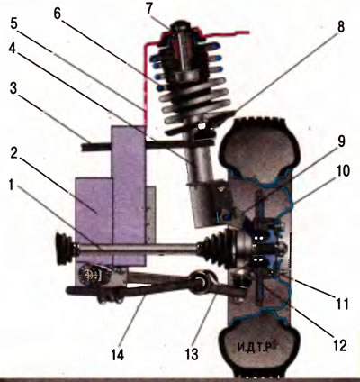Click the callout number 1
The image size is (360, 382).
(x=11, y=186)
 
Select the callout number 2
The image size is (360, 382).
(x=13, y=154)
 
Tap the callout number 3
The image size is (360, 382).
(x=13, y=88)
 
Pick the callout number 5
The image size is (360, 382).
(x=14, y=24)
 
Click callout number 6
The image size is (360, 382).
(x=58, y=13)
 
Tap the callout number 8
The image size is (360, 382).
(x=340, y=26)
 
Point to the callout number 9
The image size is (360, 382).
(x=342, y=141)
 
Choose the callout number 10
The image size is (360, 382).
(x=340, y=171)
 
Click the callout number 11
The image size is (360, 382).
(x=342, y=304)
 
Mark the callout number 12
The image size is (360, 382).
(x=339, y=345)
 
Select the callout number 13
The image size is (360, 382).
(x=192, y=354)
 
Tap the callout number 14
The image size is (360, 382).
(x=117, y=354)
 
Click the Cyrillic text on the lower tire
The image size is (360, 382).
(x=255, y=348)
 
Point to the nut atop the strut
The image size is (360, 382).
(x=180, y=24)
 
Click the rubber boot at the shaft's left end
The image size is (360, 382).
(x=65, y=248)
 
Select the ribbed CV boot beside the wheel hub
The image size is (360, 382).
(x=215, y=248)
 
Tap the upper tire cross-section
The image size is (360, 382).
(x=259, y=147)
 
